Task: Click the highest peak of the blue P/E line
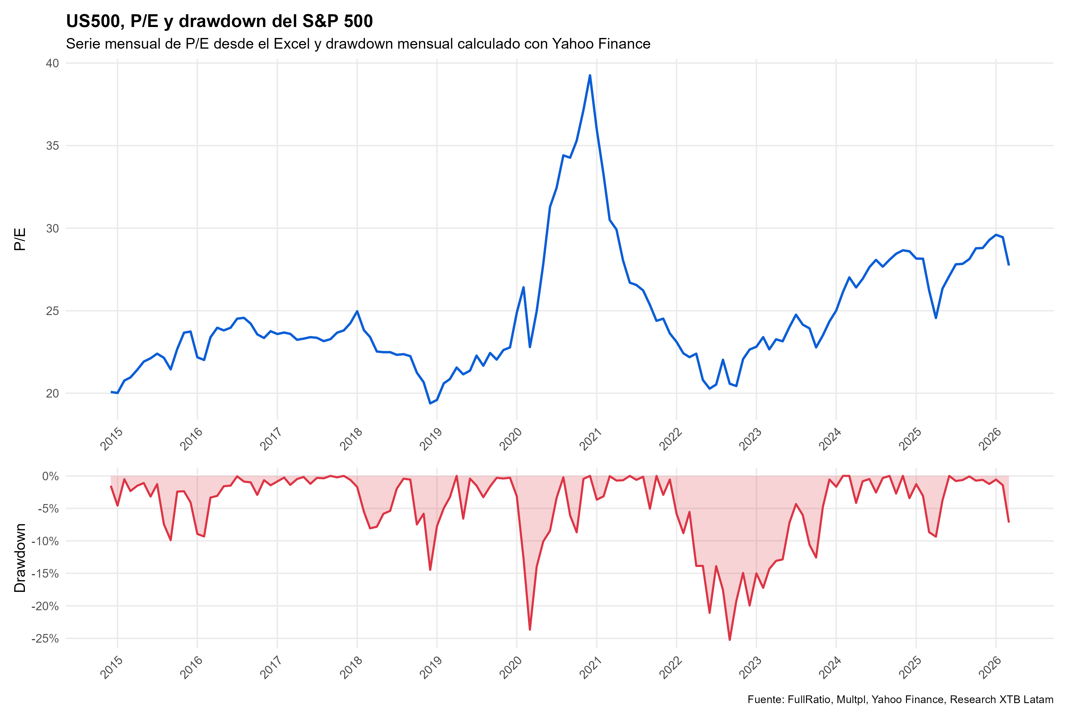click(589, 75)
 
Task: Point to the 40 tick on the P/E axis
click(53, 63)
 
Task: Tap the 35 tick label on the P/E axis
click(53, 146)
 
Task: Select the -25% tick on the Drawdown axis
click(45, 638)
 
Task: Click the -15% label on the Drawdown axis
click(45, 573)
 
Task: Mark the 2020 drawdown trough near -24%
click(530, 629)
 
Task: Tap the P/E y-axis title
click(20, 239)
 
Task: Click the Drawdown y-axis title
click(20, 558)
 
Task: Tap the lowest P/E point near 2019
click(430, 403)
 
